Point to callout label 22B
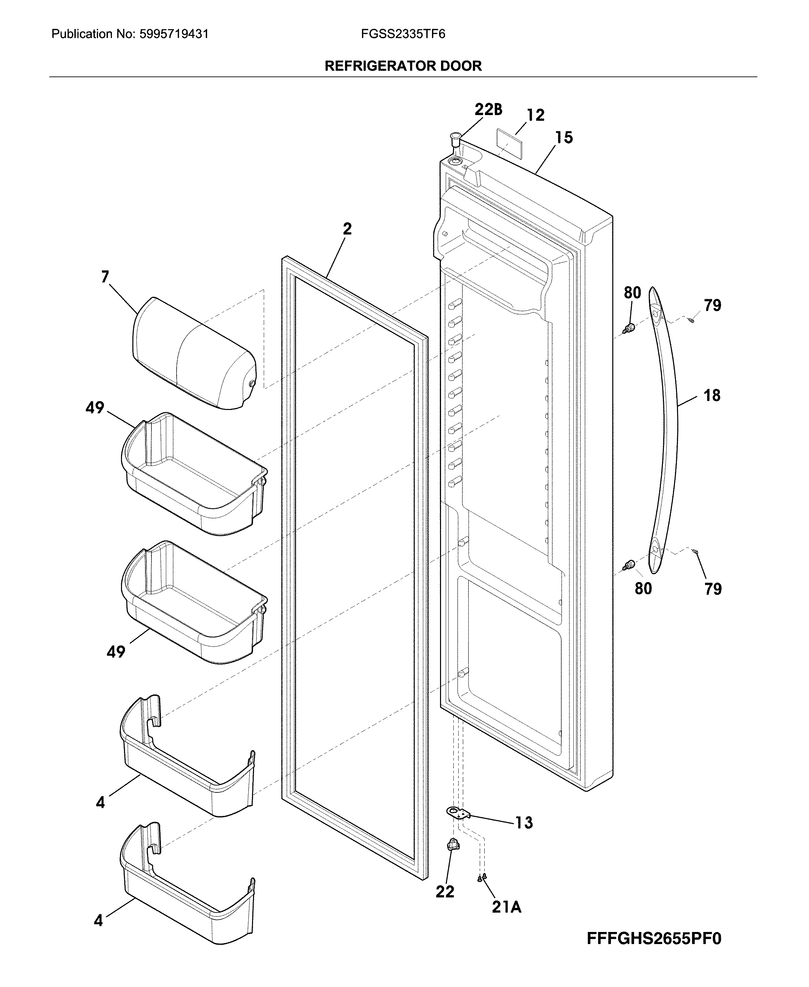tap(488, 110)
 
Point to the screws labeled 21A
tap(482, 878)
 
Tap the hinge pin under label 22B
tap(455, 140)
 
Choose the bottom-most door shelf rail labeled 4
tap(186, 905)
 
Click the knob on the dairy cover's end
tap(252, 383)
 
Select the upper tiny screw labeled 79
tap(691, 319)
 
